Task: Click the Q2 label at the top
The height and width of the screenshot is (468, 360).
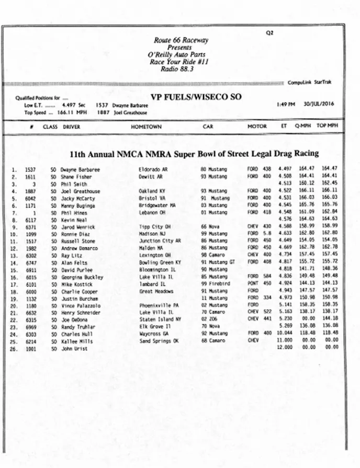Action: (x=270, y=32)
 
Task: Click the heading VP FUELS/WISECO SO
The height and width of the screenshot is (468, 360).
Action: (x=196, y=97)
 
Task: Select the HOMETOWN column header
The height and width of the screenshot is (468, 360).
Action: (x=146, y=127)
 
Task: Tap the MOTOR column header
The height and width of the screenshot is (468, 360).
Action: (x=257, y=127)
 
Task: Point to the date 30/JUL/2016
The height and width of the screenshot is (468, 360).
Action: (x=319, y=104)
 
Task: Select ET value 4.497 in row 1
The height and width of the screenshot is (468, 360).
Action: (x=285, y=169)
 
